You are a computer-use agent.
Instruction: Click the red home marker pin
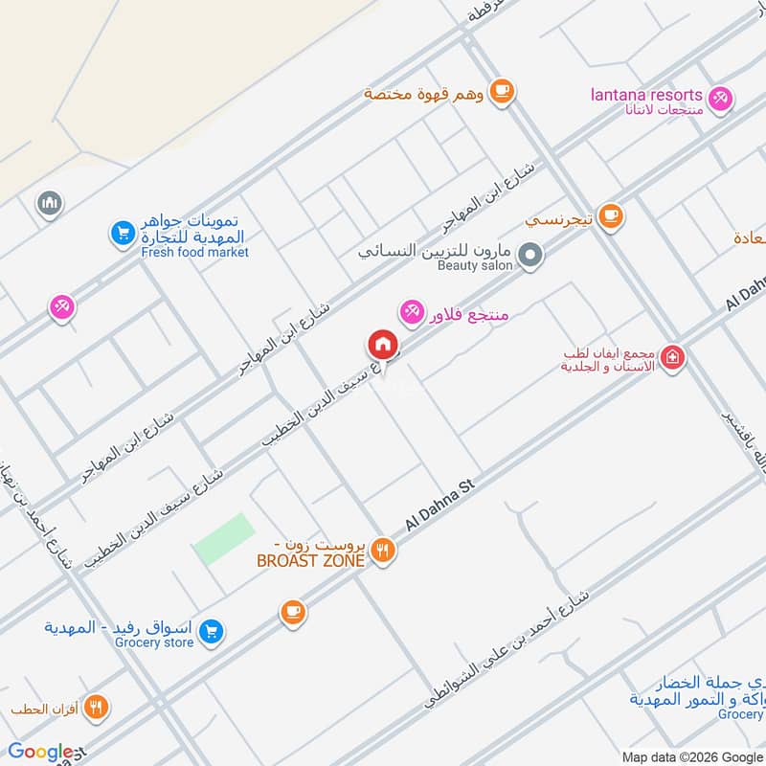382,345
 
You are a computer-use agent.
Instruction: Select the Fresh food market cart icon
121,233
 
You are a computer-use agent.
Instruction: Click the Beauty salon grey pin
530,255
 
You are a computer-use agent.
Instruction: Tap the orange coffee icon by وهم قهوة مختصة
501,91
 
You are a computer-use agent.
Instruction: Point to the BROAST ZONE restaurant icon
383,550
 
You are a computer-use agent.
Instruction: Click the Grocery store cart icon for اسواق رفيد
213,631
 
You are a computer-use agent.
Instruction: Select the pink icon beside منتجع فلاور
412,310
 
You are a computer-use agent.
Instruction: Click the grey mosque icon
49,204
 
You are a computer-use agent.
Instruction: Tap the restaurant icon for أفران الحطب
96,709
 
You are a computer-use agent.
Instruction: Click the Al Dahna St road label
440,507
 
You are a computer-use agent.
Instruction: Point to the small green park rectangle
225,539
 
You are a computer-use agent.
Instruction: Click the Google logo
40,752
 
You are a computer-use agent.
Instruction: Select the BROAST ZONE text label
311,561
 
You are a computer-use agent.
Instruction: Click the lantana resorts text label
646,95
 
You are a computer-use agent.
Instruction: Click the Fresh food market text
194,252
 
